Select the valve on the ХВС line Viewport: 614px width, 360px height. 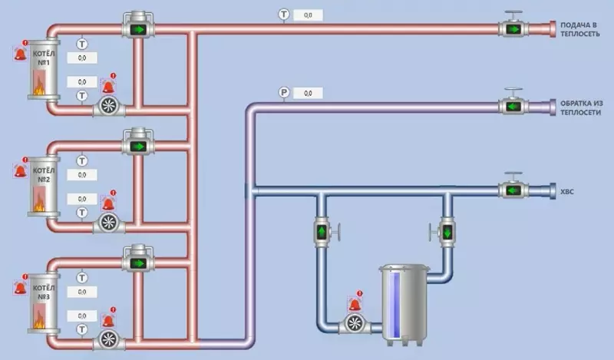[x=511, y=189]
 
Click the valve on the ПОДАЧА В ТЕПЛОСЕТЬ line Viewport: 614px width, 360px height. [x=511, y=29]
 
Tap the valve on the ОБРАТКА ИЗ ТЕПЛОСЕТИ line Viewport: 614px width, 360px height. [x=511, y=107]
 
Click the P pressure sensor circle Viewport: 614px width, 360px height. [x=284, y=93]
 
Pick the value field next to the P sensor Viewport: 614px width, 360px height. [x=308, y=93]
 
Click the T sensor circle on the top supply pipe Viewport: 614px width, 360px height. [x=284, y=15]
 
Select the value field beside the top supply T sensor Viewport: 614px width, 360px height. [x=308, y=15]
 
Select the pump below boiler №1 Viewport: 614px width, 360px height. [x=108, y=107]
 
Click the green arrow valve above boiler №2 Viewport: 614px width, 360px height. [x=138, y=145]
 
